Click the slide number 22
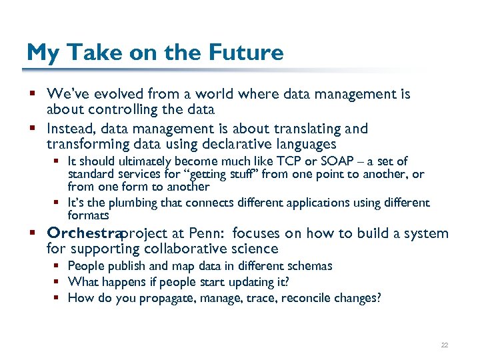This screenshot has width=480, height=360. pyautogui.click(x=445, y=345)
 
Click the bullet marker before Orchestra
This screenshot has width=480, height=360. pyautogui.click(x=32, y=234)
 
